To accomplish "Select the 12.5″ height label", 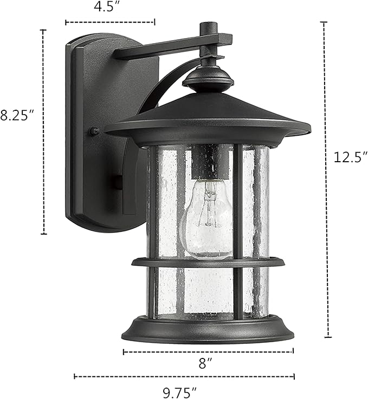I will (x=347, y=157).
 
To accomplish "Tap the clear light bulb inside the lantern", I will (x=206, y=222).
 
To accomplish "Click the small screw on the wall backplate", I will (x=94, y=131).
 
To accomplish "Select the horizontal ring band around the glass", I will (x=208, y=263).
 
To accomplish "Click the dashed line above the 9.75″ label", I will (x=184, y=376).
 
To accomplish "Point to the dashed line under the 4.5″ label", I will (x=110, y=22).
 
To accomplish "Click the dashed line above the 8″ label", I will (x=208, y=351).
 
